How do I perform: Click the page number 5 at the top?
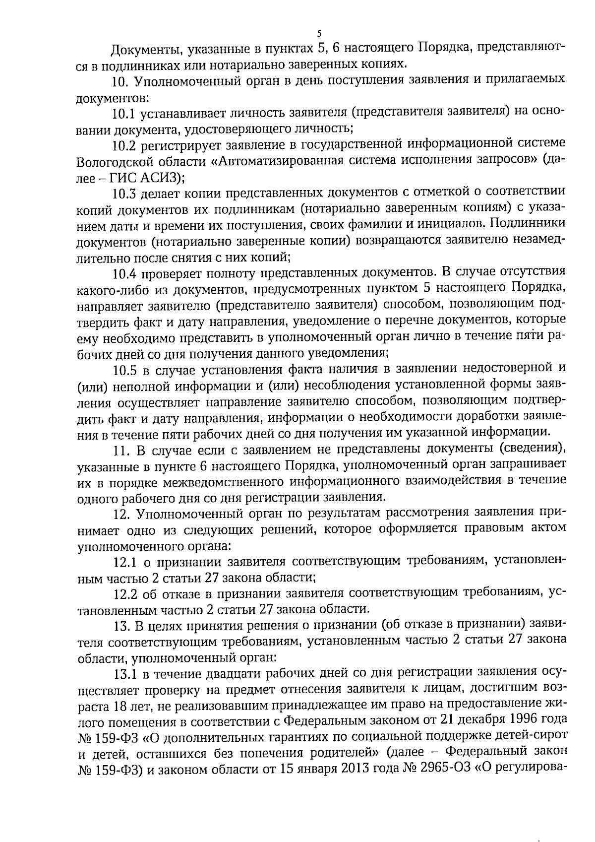pos(319,34)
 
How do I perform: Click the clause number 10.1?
pos(124,114)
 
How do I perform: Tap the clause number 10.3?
pos(124,192)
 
